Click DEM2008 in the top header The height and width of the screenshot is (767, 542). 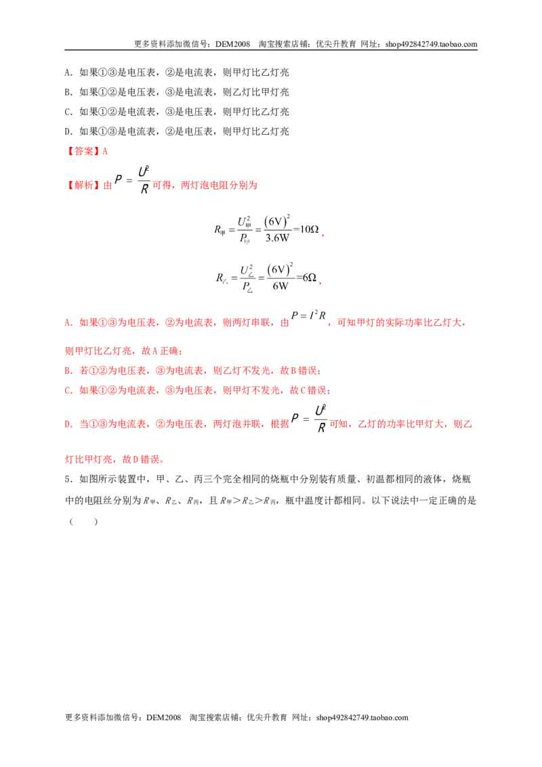pos(232,44)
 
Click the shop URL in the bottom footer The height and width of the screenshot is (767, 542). pos(362,718)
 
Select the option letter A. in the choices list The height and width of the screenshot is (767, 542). pos(68,73)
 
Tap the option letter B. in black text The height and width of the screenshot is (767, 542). pos(68,92)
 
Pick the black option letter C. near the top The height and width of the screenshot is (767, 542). pos(68,112)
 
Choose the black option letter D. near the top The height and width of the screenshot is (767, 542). pos(68,131)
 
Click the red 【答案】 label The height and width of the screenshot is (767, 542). pos(83,152)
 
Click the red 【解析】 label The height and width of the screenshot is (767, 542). pos(83,186)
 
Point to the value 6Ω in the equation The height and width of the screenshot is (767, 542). pos(309,277)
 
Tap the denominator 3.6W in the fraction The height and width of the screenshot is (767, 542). pos(277,239)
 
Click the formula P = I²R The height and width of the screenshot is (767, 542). pos(308,316)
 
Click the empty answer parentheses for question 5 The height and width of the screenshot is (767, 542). pos(83,522)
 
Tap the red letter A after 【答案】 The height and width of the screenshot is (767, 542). pos(105,152)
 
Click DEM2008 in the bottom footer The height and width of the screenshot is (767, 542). pos(163,718)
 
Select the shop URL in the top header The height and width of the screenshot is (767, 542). pos(431,44)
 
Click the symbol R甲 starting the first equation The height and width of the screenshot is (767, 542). pos(220,230)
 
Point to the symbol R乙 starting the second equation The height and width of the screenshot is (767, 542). pos(222,278)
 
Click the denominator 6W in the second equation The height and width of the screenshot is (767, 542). pos(280,286)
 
